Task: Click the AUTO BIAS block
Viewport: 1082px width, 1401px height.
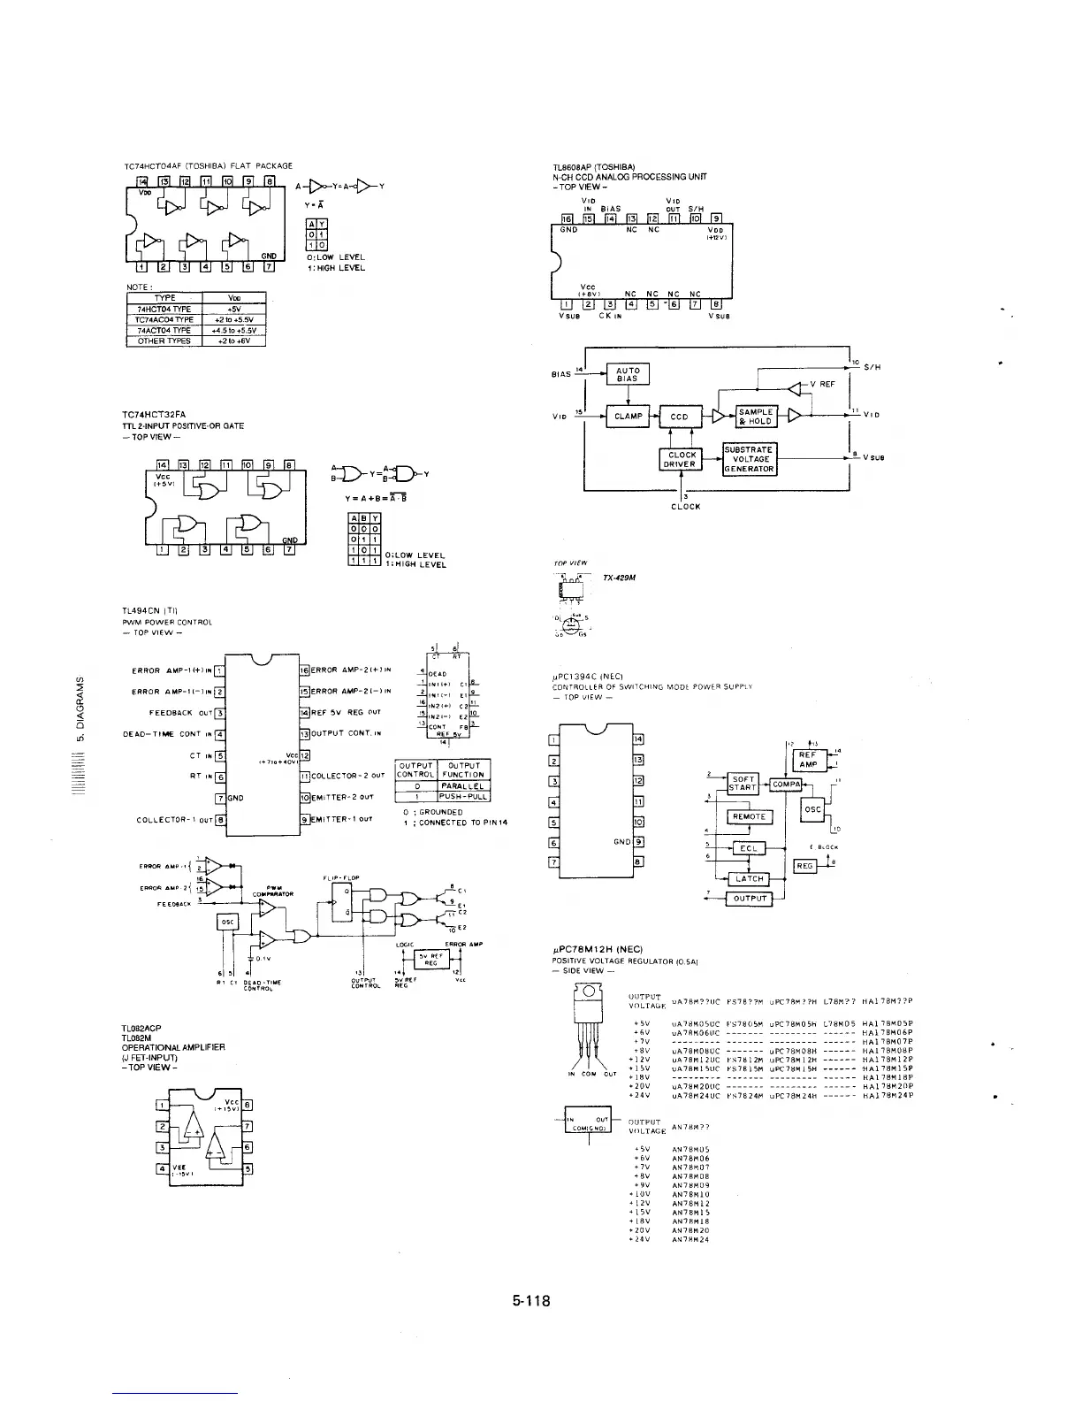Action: [628, 374]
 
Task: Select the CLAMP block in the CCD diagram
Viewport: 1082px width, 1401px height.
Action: [628, 416]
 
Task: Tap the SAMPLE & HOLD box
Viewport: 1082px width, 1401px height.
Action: [756, 416]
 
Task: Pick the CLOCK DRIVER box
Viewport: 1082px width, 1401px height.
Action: [681, 459]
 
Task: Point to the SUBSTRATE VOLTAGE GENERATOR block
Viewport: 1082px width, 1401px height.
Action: [750, 459]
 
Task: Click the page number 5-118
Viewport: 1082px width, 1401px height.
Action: [530, 1301]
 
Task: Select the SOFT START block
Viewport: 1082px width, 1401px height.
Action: [743, 783]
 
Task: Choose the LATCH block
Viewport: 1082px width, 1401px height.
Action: [748, 878]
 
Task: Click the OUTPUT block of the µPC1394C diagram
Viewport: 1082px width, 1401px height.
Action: [749, 900]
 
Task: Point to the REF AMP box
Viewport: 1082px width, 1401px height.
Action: [808, 760]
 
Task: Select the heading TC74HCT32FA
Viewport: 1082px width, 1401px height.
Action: [154, 414]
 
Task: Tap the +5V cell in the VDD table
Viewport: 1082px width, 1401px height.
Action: [233, 309]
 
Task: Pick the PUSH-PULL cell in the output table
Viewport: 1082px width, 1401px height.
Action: [464, 796]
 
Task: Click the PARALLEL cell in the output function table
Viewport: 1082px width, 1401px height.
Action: [464, 785]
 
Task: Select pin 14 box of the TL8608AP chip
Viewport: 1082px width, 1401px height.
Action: [611, 218]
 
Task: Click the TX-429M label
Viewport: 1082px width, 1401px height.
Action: [616, 578]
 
